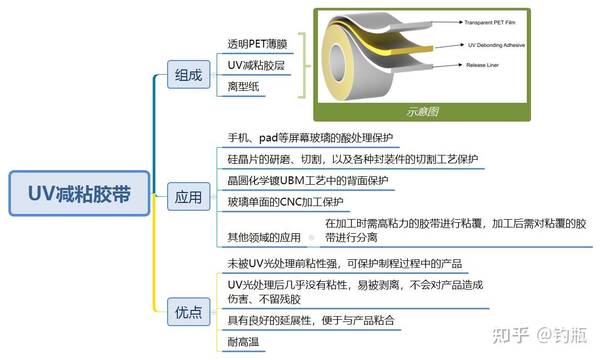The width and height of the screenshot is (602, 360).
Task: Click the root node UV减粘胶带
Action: pyautogui.click(x=79, y=193)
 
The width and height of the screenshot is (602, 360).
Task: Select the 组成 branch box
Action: pyautogui.click(x=188, y=75)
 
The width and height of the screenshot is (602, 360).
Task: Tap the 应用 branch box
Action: pyautogui.click(x=188, y=197)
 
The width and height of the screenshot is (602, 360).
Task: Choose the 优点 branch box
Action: pyautogui.click(x=188, y=311)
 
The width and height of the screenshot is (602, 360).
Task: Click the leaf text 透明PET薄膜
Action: pyautogui.click(x=257, y=44)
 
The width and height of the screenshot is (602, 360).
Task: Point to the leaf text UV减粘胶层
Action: pyautogui.click(x=256, y=65)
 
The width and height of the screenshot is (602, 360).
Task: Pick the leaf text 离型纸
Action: pyautogui.click(x=243, y=87)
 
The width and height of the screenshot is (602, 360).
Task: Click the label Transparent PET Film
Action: pyautogui.click(x=490, y=22)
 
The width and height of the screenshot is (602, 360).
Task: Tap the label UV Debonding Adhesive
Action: pyautogui.click(x=497, y=45)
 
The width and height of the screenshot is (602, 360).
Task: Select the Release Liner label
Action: pyautogui.click(x=482, y=65)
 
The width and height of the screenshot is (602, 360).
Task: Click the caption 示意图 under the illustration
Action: pyautogui.click(x=422, y=112)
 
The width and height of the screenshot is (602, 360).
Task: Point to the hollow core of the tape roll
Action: pyautogui.click(x=337, y=63)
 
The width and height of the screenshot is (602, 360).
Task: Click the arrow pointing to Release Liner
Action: pyautogui.click(x=447, y=66)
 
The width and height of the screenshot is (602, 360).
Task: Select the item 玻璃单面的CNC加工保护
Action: pyautogui.click(x=285, y=201)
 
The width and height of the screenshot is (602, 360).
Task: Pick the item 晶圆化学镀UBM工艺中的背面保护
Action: pyautogui.click(x=308, y=180)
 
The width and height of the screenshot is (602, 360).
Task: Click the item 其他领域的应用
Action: pyautogui.click(x=264, y=237)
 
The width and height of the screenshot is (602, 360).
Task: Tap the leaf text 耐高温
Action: pyautogui.click(x=243, y=342)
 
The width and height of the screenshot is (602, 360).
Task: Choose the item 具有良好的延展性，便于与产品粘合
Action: pyautogui.click(x=311, y=320)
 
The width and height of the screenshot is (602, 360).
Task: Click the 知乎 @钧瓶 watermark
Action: pyautogui.click(x=539, y=335)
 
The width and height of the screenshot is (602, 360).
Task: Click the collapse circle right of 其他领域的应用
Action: pyautogui.click(x=311, y=238)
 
